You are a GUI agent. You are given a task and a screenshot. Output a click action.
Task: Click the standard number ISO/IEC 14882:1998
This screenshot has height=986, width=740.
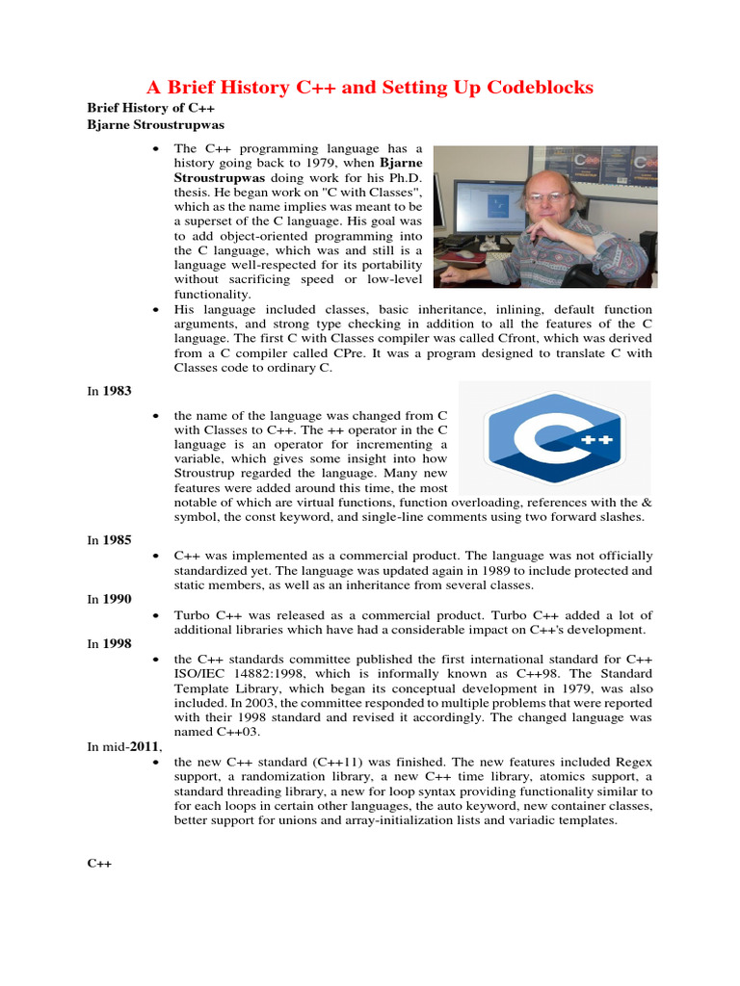click(249, 673)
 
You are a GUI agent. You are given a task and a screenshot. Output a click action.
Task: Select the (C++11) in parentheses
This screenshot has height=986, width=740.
click(325, 762)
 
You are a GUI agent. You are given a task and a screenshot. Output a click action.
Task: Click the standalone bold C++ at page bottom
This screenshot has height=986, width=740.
click(100, 863)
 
